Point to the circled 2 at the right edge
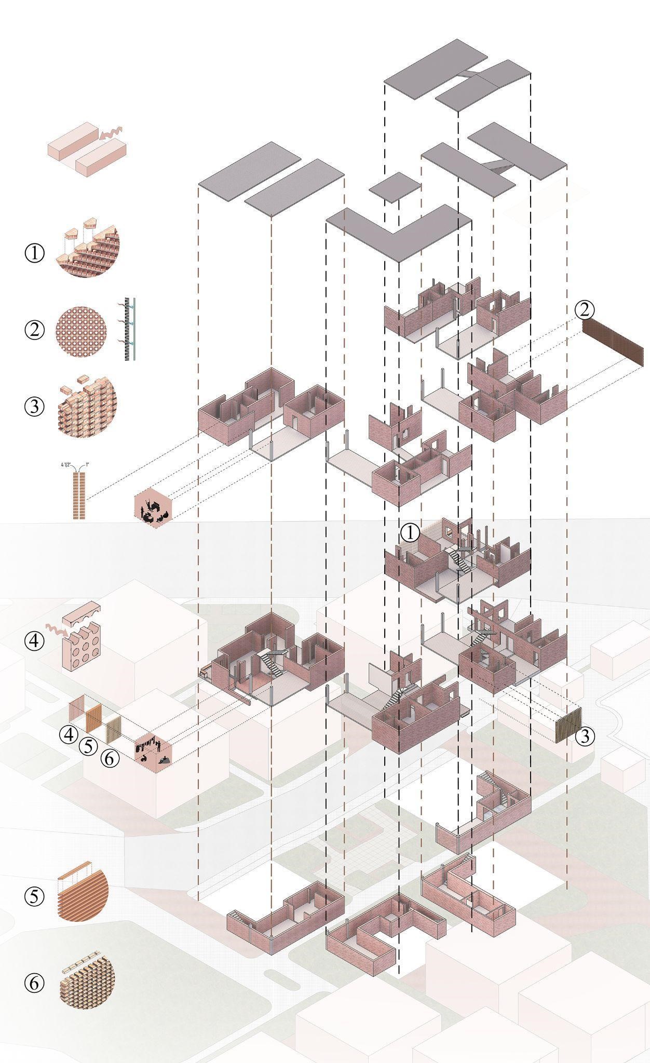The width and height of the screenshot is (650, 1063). [584, 310]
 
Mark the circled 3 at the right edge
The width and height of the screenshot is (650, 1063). [585, 737]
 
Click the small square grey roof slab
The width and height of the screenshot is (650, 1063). [395, 186]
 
